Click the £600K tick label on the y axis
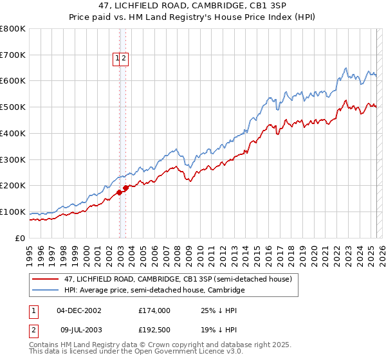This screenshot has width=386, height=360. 13,81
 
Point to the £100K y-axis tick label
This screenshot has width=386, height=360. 13,212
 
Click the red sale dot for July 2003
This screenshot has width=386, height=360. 126,188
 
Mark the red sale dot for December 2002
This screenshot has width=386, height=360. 120,192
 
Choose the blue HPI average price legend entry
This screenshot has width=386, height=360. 154,291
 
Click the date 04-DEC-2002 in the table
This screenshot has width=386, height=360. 79,310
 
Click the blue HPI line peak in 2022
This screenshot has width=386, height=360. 346,67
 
